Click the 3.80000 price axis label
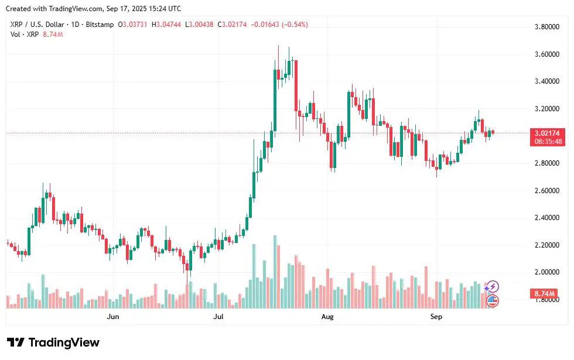click(550, 27)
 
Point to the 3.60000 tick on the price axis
click(550, 54)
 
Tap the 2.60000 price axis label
click(550, 190)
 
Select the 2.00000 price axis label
click(550, 272)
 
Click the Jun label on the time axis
click(114, 317)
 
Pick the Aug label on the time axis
click(327, 317)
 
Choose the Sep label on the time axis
click(436, 317)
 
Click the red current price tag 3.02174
click(549, 133)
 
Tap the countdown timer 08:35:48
click(549, 141)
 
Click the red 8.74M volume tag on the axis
click(549, 293)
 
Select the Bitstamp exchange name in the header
click(100, 25)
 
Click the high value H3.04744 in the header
click(166, 25)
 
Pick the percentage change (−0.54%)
click(295, 25)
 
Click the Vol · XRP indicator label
click(24, 35)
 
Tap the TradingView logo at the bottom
click(53, 342)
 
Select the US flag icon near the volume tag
click(492, 301)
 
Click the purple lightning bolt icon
click(492, 287)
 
